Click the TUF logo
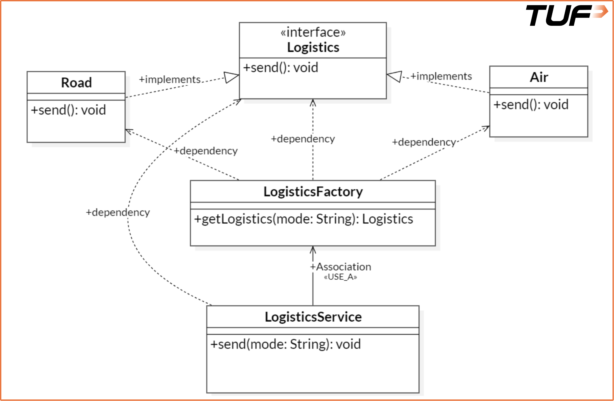[x=566, y=16]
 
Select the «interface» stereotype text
[x=313, y=32]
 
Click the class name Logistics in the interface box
[x=313, y=47]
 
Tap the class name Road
[x=76, y=83]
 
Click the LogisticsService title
[x=313, y=317]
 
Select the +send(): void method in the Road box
[x=68, y=110]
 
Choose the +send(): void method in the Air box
[x=531, y=105]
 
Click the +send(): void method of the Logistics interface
[x=281, y=68]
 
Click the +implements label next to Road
[x=170, y=79]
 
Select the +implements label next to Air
[x=441, y=76]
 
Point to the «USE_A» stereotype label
[x=341, y=277]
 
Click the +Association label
[x=341, y=267]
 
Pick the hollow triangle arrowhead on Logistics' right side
[x=395, y=76]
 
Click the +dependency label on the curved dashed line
[x=118, y=212]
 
